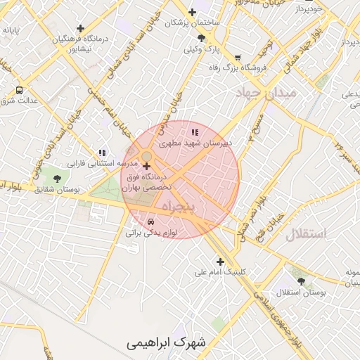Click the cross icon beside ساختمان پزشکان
(x=191, y=11)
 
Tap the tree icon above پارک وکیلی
(x=201, y=38)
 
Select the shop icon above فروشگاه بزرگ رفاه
(x=238, y=58)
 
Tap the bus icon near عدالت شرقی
(x=19, y=90)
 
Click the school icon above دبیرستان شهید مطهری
(x=195, y=131)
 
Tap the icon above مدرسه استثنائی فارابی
(x=102, y=152)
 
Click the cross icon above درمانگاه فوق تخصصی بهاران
(x=146, y=167)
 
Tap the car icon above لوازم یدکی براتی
(x=150, y=221)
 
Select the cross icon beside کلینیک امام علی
(x=220, y=262)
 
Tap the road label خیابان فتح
(x=270, y=221)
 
